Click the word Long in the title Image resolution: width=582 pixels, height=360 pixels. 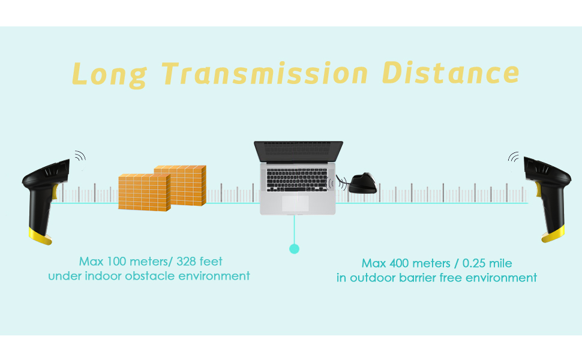coord(109,75)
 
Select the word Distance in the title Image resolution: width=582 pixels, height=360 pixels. coord(450,73)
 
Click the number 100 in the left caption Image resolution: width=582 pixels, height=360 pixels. coord(116,262)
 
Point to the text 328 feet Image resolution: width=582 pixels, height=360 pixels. coord(199,262)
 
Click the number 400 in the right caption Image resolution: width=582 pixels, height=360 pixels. coord(399,263)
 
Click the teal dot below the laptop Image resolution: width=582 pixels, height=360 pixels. coord(295,248)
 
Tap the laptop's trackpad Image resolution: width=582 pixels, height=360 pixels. coord(295,203)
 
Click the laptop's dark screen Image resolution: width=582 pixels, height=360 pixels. coord(298,151)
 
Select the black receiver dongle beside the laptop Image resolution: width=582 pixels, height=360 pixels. coord(362,183)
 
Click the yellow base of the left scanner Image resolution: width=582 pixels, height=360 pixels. coord(40,236)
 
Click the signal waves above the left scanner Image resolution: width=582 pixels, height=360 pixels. coord(80,156)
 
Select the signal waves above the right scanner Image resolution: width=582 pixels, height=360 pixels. coord(514,157)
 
